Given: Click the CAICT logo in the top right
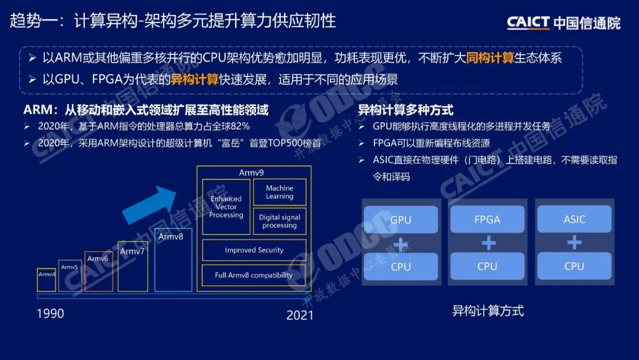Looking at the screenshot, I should click(563, 22).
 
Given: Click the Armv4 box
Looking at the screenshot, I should click(47, 279).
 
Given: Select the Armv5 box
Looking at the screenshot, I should click(70, 275).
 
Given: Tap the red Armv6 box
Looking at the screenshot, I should click(98, 271).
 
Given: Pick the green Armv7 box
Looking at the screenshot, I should click(133, 266).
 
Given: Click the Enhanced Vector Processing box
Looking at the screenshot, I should click(226, 207).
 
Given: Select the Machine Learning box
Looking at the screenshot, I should click(279, 192).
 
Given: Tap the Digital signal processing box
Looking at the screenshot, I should click(279, 221).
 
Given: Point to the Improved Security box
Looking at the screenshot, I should click(254, 250).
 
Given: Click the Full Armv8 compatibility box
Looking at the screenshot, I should click(254, 275).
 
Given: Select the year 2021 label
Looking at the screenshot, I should click(299, 315).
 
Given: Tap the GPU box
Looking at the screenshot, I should click(401, 220).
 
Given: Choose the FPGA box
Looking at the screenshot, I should click(488, 219).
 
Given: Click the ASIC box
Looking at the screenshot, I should click(574, 219).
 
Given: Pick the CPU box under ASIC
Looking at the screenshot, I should click(574, 266).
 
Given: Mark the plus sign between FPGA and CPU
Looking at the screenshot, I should click(488, 243).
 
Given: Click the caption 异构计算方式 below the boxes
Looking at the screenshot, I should click(488, 311).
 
